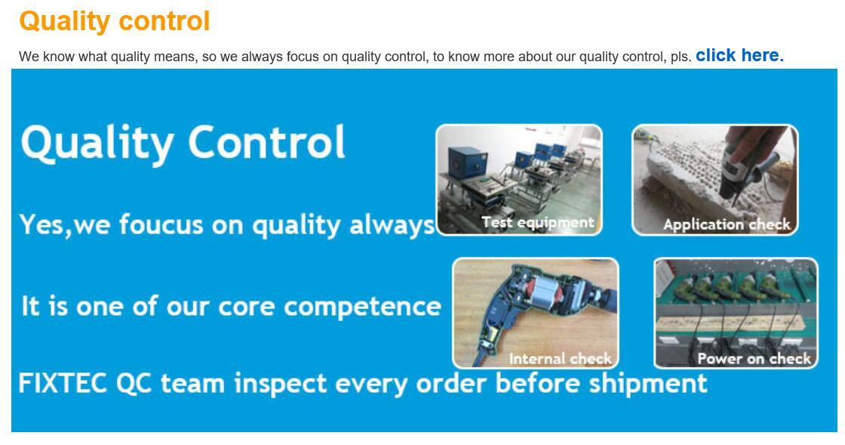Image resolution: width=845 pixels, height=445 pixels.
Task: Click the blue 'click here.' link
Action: click(739, 56)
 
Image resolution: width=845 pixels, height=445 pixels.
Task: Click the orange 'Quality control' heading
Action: click(114, 22)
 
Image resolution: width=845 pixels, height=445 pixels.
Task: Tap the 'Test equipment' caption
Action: click(537, 222)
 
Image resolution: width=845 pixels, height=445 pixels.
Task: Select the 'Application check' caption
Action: click(727, 224)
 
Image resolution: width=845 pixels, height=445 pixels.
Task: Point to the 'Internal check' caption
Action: click(560, 359)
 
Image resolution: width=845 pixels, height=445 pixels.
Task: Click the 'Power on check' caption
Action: click(754, 359)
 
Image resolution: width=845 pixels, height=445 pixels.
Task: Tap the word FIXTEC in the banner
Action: click(63, 384)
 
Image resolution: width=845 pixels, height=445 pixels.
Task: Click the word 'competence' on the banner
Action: click(362, 307)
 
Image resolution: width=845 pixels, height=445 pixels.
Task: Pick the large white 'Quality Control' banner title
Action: click(183, 142)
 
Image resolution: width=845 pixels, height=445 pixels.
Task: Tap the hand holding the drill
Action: click(754, 141)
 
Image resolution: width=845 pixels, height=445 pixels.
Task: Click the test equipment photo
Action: click(519, 180)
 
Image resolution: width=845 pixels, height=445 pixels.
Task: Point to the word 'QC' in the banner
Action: click(134, 384)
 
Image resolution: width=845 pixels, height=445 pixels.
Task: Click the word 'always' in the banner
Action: click(392, 225)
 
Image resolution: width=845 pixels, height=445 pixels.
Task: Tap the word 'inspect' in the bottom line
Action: click(281, 384)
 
